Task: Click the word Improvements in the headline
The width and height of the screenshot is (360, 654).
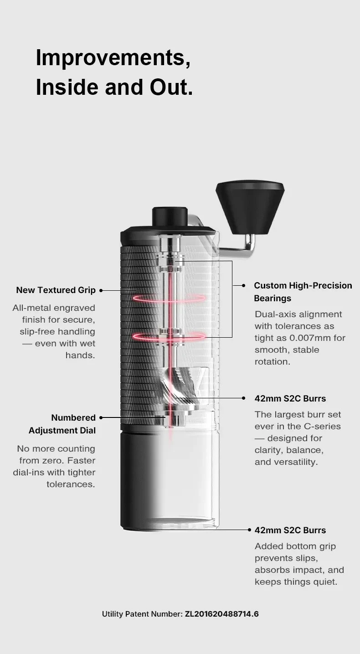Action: point(113,58)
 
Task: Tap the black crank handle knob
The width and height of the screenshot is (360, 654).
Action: point(250,207)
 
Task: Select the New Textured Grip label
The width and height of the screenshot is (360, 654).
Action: point(56,290)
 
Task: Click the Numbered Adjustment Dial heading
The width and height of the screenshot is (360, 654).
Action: point(62,424)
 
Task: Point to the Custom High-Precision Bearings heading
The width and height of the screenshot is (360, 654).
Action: point(303,292)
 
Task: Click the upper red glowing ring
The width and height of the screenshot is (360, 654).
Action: point(169,299)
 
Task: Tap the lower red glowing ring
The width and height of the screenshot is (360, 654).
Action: point(169,336)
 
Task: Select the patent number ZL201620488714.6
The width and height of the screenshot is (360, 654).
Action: point(222,614)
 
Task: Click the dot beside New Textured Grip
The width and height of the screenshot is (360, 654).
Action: point(101,290)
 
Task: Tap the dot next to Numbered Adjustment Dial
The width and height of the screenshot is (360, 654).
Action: point(101,418)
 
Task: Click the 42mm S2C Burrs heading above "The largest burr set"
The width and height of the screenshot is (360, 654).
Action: point(290,398)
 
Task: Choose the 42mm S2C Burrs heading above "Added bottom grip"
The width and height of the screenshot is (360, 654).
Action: point(290,530)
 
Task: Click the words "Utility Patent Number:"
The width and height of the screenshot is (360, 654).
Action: point(142,614)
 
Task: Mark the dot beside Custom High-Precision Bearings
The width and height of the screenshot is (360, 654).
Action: point(243,285)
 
